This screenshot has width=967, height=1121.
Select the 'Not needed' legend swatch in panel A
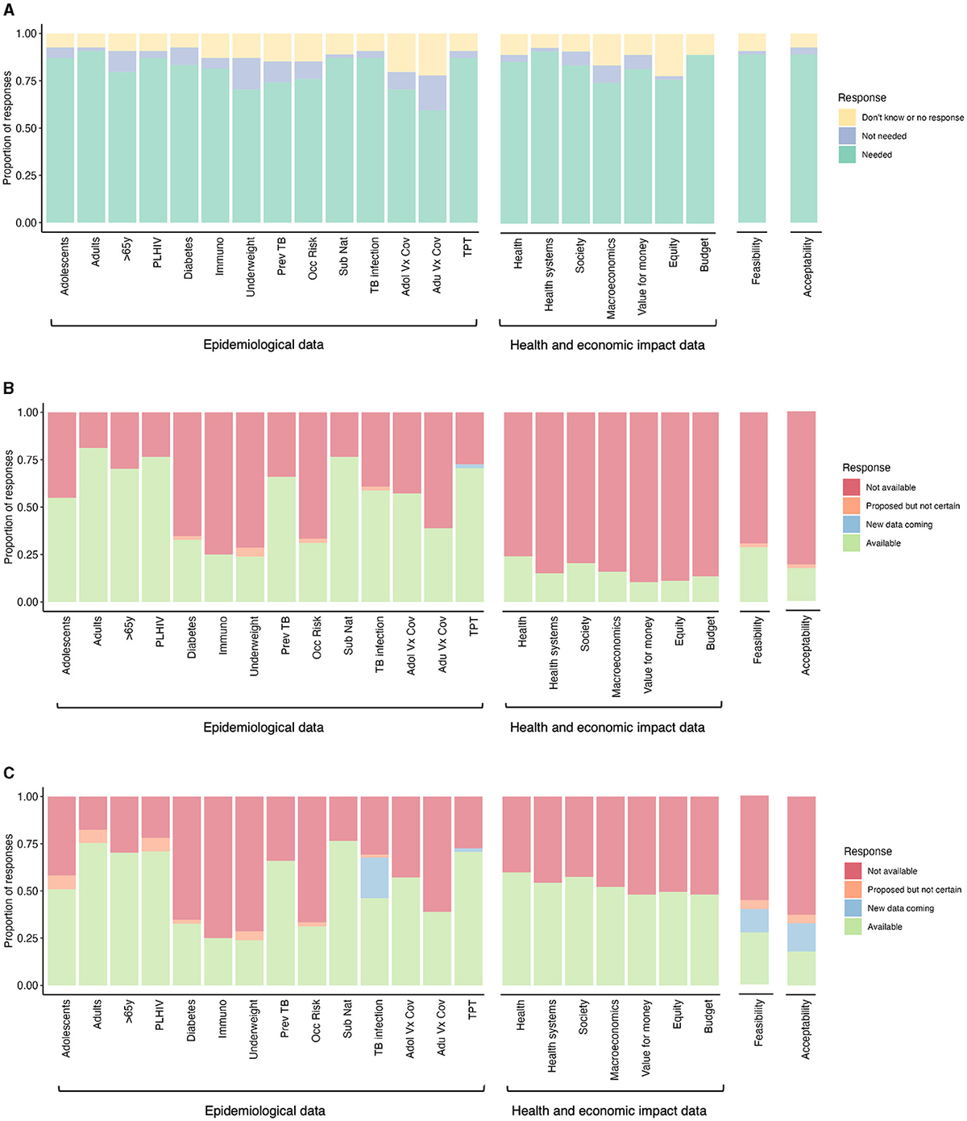click(847, 136)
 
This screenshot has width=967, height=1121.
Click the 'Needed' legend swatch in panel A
click(847, 155)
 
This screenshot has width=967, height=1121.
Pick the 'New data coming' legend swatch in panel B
click(851, 525)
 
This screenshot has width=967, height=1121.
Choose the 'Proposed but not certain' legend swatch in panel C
click(853, 890)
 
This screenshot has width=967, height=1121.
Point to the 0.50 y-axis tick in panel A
click(27, 128)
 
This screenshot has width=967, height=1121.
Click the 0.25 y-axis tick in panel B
click(28, 555)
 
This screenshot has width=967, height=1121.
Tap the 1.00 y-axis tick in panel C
click(28, 797)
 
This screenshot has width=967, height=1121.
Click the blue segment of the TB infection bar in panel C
click(375, 878)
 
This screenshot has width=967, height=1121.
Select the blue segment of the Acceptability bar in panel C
click(801, 937)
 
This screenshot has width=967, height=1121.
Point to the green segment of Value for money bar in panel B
click(643, 592)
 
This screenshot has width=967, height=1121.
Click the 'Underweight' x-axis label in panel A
click(251, 267)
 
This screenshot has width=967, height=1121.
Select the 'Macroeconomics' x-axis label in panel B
click(616, 657)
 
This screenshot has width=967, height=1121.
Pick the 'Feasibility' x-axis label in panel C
click(758, 1023)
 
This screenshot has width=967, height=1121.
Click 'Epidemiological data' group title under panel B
click(264, 728)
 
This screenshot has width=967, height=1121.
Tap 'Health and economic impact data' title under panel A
click(607, 346)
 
